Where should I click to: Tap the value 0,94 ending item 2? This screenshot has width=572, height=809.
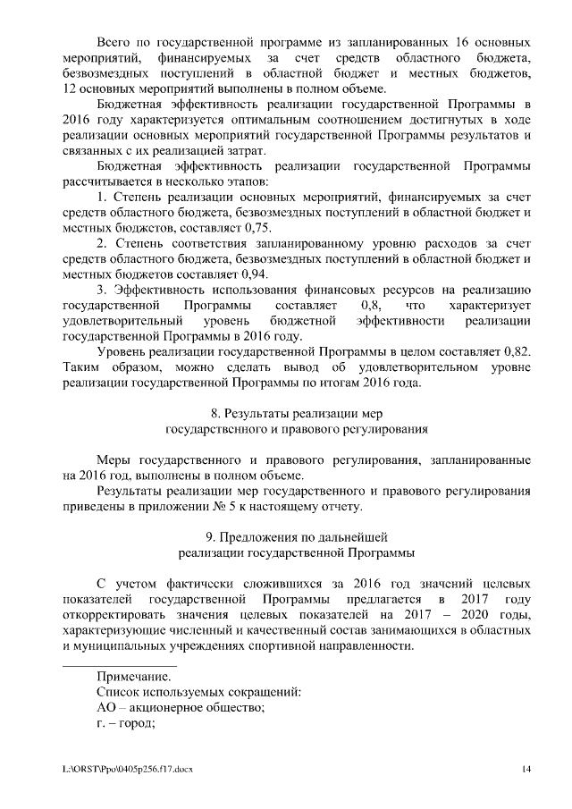click(253, 274)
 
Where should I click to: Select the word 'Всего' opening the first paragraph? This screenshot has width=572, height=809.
click(114, 42)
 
